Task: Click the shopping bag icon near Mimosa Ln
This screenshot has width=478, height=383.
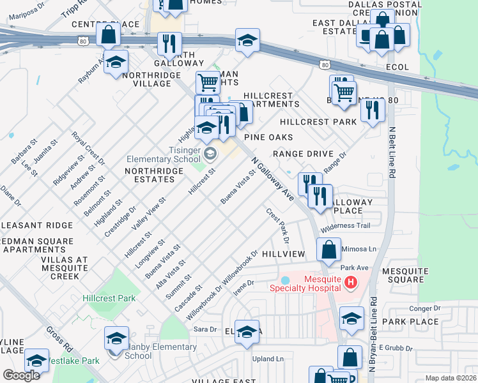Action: (328, 250)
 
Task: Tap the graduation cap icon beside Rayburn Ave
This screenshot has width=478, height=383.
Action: (116, 63)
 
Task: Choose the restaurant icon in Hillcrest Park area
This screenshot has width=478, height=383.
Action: (372, 110)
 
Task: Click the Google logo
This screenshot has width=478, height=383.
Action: (21, 375)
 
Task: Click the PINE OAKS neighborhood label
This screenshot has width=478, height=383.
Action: (268, 137)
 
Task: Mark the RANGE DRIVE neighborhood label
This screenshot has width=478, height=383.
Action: (303, 154)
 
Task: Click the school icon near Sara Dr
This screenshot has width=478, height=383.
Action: (246, 332)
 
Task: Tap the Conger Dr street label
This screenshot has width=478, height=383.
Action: (424, 308)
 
